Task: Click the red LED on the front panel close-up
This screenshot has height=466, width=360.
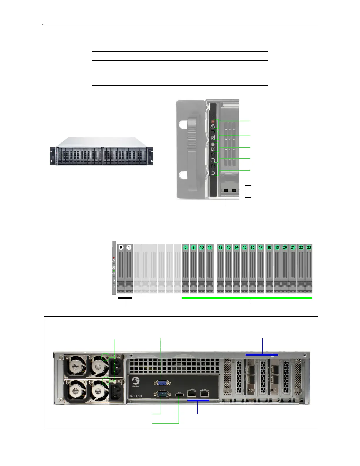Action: [213, 121]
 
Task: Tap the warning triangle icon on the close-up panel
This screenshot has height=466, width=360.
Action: [213, 126]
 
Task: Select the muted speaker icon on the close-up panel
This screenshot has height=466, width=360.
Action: [213, 138]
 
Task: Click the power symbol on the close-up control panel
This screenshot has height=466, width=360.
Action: [213, 173]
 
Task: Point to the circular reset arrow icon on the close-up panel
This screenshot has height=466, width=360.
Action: [213, 160]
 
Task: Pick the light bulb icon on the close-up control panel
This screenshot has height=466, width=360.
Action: [213, 149]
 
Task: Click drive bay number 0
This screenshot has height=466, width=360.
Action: [121, 247]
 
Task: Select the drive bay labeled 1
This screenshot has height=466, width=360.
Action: [129, 247]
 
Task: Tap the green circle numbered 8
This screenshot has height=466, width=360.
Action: [186, 247]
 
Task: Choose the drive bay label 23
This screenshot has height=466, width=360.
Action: [309, 247]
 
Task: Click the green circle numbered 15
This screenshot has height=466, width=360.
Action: [244, 247]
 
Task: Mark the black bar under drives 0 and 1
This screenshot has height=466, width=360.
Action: [125, 298]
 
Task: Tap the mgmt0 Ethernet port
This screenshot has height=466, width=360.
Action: [192, 393]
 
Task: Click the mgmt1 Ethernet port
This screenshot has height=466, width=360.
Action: [204, 393]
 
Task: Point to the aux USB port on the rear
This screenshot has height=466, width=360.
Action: [179, 395]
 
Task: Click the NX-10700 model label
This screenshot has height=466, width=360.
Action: [136, 396]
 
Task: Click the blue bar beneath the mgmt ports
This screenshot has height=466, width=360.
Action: [198, 400]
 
